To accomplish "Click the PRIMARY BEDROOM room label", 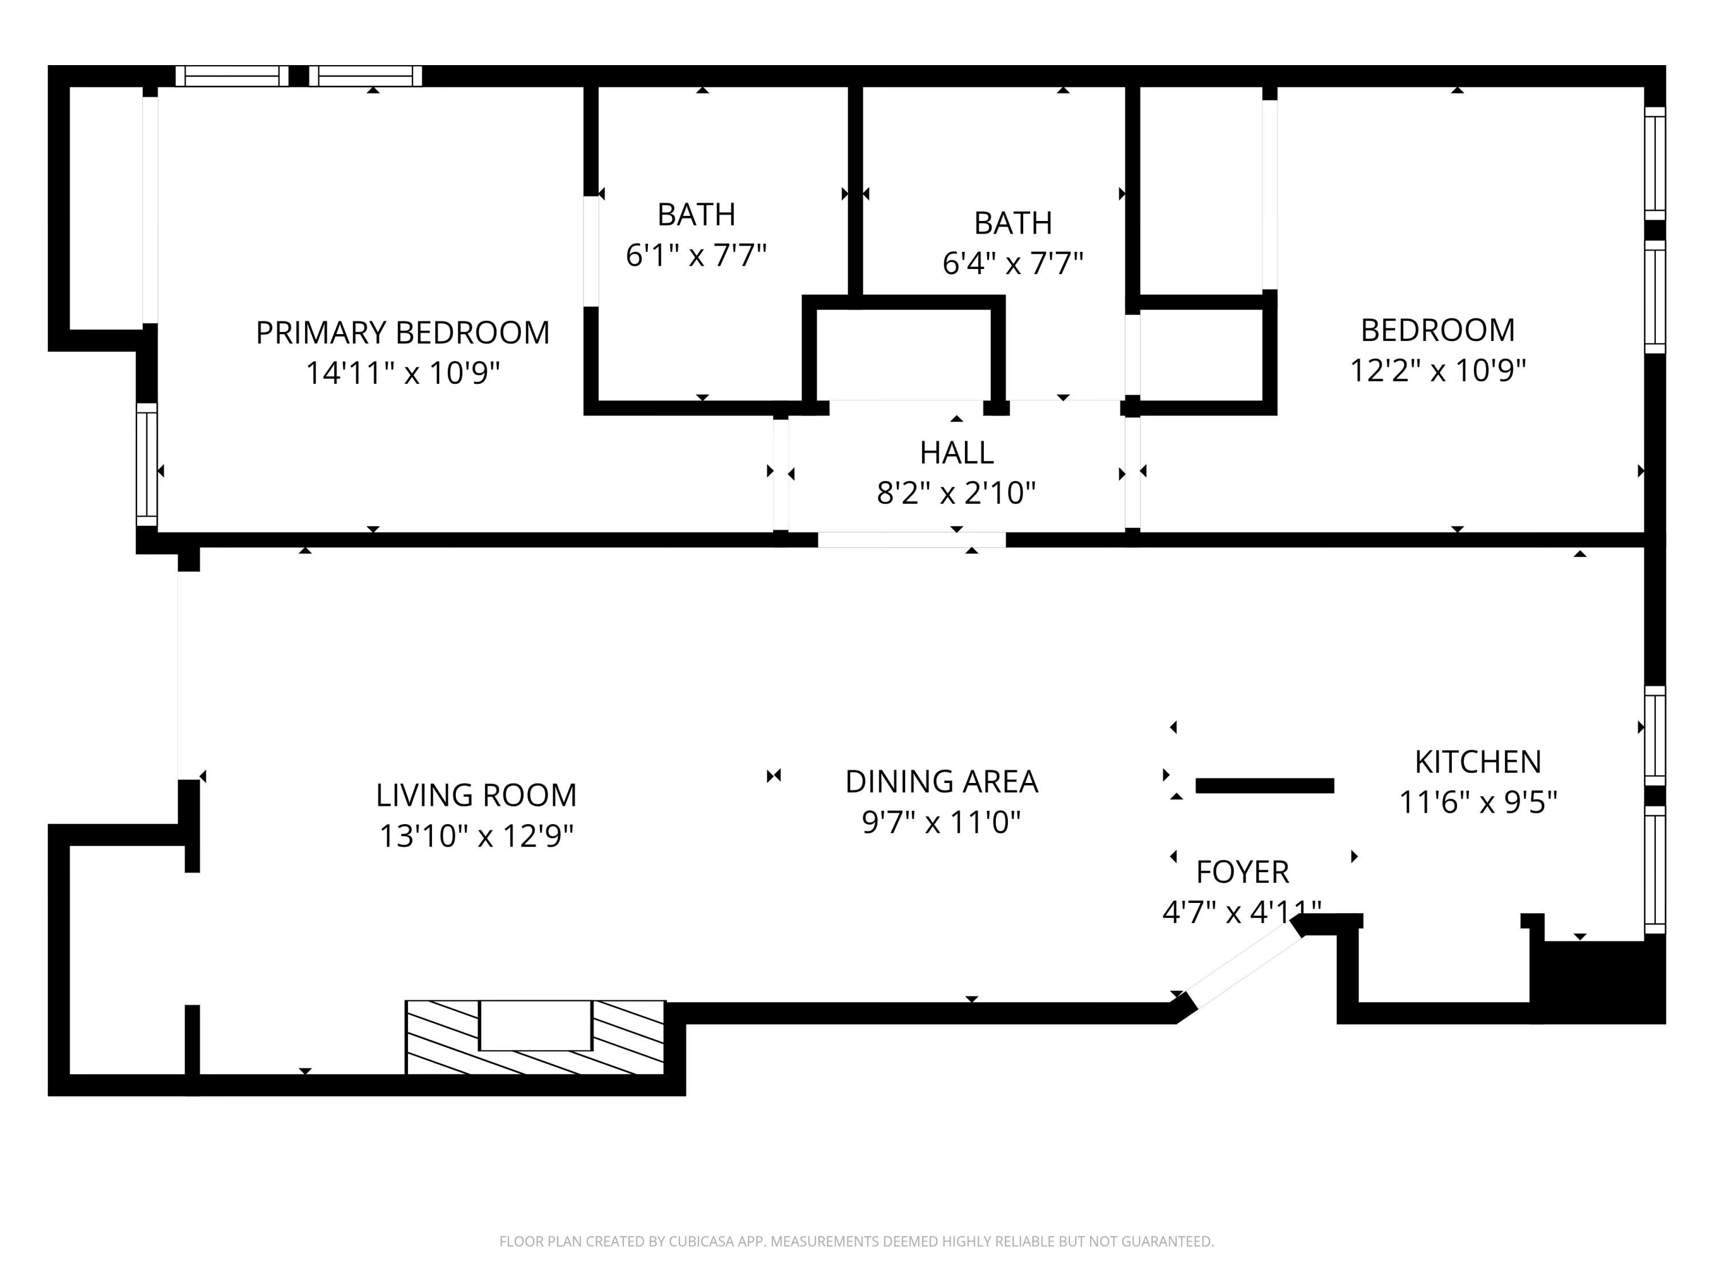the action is tap(402, 332).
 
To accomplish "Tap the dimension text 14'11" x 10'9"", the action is tap(402, 372).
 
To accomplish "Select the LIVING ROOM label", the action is tap(476, 795).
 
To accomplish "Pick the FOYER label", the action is tap(1242, 872).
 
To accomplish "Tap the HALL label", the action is tap(956, 452).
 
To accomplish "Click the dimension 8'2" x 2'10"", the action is tap(956, 493).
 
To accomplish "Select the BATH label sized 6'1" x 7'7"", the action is tap(696, 215).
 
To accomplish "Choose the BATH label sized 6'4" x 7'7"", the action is tap(1013, 223).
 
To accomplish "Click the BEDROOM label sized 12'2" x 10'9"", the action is tap(1437, 330).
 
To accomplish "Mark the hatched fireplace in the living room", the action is tap(535, 1037).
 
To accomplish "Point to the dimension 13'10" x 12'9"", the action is tap(476, 836).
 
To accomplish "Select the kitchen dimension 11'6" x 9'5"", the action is tap(1477, 802).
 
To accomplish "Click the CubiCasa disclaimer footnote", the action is tap(856, 1241).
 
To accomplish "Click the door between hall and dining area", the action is tap(911, 540).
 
